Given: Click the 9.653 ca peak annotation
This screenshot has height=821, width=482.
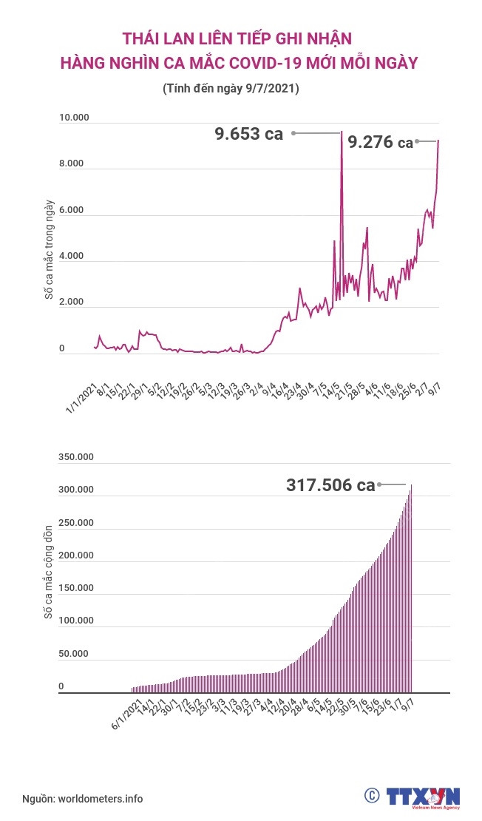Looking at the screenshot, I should [249, 134].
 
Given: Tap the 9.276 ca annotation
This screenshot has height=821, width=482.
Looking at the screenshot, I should [380, 142].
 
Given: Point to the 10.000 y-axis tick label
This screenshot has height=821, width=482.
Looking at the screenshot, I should [74, 118].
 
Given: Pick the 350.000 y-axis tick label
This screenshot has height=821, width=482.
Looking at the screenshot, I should [75, 457].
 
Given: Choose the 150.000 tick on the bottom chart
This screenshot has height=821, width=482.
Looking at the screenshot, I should [75, 588].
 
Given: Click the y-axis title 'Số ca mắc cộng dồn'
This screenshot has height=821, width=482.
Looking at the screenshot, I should [50, 572].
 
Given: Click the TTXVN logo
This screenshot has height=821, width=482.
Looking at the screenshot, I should [423, 797].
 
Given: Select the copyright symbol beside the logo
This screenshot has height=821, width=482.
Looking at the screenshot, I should [372, 796].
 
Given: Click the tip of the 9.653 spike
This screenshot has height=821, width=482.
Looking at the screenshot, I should [341, 133].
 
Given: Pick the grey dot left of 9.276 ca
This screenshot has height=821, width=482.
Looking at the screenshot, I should [418, 141].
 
